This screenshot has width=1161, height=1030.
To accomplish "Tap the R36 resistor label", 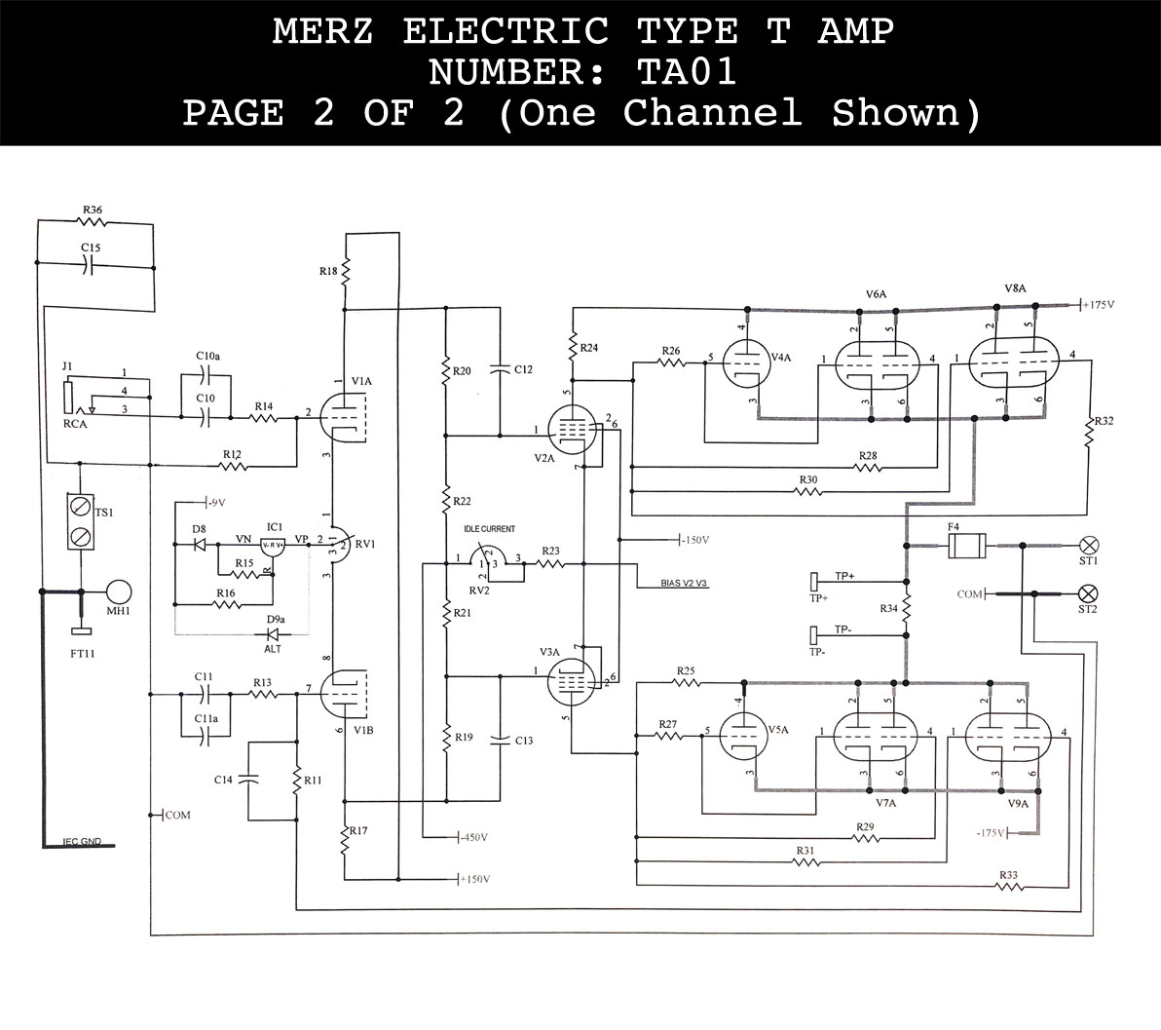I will tap(93, 210).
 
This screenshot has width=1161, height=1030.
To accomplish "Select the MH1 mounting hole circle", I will tap(119, 591).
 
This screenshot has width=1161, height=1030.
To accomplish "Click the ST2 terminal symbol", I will tap(1090, 592).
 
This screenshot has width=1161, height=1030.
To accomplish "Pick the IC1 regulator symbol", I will tap(272, 547).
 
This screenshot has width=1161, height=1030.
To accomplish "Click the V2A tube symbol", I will tap(572, 430).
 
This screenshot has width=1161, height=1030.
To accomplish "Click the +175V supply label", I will tap(1099, 305).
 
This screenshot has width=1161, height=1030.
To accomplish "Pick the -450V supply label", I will tap(472, 837).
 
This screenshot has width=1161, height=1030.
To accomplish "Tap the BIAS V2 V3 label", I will tap(669, 584).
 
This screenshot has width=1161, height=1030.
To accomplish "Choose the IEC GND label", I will tap(82, 841).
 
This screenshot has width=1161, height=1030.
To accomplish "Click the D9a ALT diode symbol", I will tap(273, 634).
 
